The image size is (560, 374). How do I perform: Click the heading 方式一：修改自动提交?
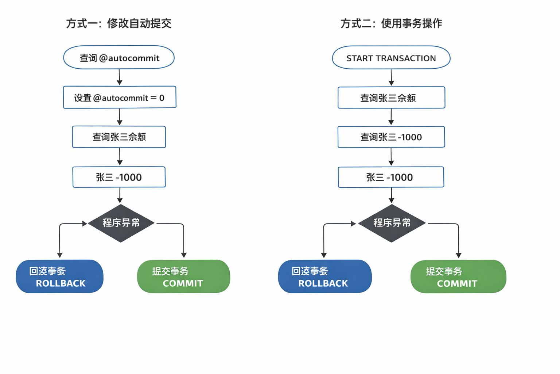pos(119,24)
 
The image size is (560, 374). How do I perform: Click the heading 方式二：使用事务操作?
pos(391,24)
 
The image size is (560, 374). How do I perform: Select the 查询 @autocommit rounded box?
pos(119,58)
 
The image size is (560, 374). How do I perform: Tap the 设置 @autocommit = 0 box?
pos(120,98)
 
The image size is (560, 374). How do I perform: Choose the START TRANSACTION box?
pos(391,58)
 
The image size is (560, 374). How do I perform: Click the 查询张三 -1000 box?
pos(391,137)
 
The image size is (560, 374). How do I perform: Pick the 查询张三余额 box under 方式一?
pos(119,137)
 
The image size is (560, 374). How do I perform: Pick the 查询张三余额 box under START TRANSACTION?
pos(391,98)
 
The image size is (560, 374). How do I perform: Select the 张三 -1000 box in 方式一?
pos(119,177)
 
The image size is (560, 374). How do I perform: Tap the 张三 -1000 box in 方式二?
pos(391,177)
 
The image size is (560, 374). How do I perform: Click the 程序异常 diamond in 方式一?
pos(121,223)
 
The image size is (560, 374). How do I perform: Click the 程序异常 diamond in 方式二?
pos(392,223)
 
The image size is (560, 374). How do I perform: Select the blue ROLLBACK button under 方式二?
pos(324,276)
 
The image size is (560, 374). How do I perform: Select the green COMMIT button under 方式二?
pos(458,276)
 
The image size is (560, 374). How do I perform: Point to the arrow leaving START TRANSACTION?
pos(391,77)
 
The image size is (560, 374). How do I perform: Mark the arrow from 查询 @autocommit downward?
pos(119,77)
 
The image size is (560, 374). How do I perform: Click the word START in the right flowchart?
pos(359,58)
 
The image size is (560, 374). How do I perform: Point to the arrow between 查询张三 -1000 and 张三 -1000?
pos(391,157)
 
